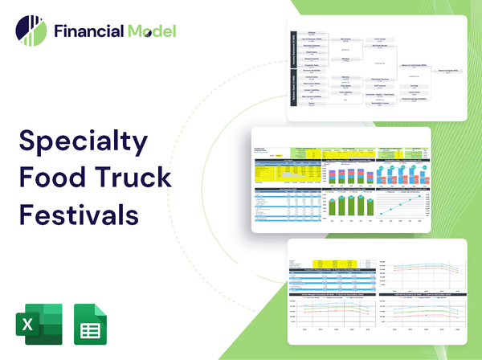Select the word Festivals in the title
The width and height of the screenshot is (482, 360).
(79, 215)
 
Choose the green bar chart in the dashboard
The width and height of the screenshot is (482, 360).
(349, 205)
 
